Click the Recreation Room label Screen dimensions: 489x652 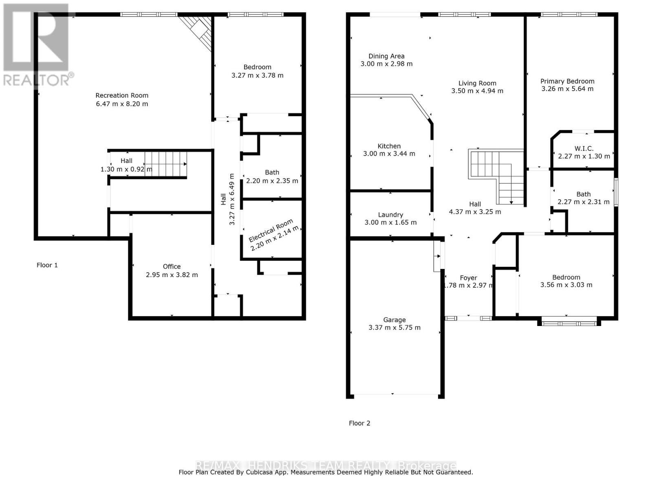coord(122,95)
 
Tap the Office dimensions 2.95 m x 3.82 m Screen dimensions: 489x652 coord(172,275)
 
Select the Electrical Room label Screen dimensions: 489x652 coord(271,231)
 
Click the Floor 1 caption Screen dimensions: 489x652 coord(47,265)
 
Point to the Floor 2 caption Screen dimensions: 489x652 coord(359,423)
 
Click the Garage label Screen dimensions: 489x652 coord(394,320)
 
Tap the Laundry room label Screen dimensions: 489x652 coord(390,215)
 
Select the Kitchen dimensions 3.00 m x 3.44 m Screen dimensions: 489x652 coord(389,154)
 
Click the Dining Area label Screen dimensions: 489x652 coord(386,56)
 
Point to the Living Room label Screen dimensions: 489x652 coord(477,83)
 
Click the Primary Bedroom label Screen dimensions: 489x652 coord(567,81)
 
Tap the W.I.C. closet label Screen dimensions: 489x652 coord(584,148)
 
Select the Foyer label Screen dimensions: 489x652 coord(468,278)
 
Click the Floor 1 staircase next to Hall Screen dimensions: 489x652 coord(165,164)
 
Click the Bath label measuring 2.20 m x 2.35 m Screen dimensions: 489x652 coord(272,172)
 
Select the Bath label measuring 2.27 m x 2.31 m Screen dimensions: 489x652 coord(584,194)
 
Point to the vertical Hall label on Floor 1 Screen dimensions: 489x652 coord(223,199)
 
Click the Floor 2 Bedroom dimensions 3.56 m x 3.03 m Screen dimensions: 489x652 coord(566,285)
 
